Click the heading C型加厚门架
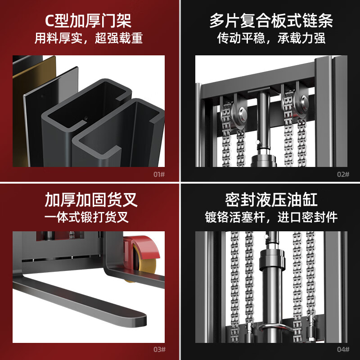tap(88, 21)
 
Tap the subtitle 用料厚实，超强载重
tap(89, 38)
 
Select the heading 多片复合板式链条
tap(271, 21)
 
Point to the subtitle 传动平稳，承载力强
tap(271, 38)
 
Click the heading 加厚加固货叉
tap(91, 200)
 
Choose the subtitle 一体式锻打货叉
tap(86, 217)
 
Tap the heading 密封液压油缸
tap(271, 200)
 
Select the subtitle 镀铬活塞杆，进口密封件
tap(271, 217)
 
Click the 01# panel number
tap(159, 175)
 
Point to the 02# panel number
tap(343, 175)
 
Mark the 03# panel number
tap(159, 350)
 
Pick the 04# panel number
tap(343, 350)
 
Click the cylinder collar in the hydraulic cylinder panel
tap(272, 261)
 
